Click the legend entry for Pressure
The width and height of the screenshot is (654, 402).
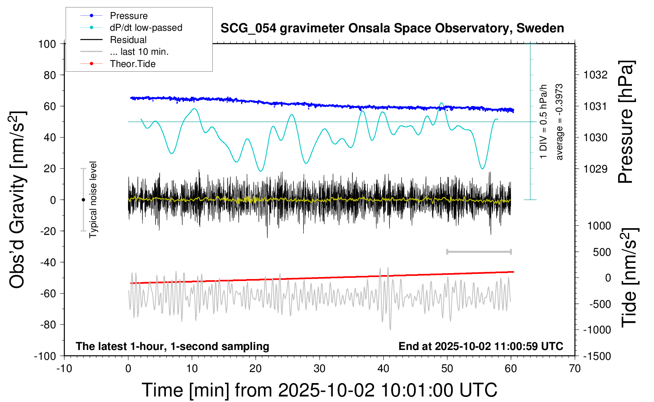[128, 16]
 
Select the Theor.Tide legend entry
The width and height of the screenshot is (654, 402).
[132, 64]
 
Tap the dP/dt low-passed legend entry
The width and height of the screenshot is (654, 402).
[146, 28]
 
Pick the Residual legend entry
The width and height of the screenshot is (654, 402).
[128, 40]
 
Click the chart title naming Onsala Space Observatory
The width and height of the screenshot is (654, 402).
[392, 28]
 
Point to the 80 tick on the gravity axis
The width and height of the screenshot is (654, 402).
[50, 75]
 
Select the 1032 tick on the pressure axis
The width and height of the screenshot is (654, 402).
[595, 75]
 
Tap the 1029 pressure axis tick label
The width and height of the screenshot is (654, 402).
[595, 169]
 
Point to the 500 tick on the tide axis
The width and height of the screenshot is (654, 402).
[602, 252]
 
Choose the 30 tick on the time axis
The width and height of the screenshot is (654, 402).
[320, 369]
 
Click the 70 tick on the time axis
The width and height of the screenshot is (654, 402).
[575, 369]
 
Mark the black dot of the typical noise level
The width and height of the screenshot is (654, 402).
[83, 200]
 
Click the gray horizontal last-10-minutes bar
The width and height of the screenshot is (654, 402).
[479, 252]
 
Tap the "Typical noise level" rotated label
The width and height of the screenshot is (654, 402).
[93, 200]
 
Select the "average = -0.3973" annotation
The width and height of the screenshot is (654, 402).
[559, 122]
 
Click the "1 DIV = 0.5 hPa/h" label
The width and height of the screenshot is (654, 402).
[544, 122]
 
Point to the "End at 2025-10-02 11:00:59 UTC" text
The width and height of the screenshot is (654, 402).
[481, 346]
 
